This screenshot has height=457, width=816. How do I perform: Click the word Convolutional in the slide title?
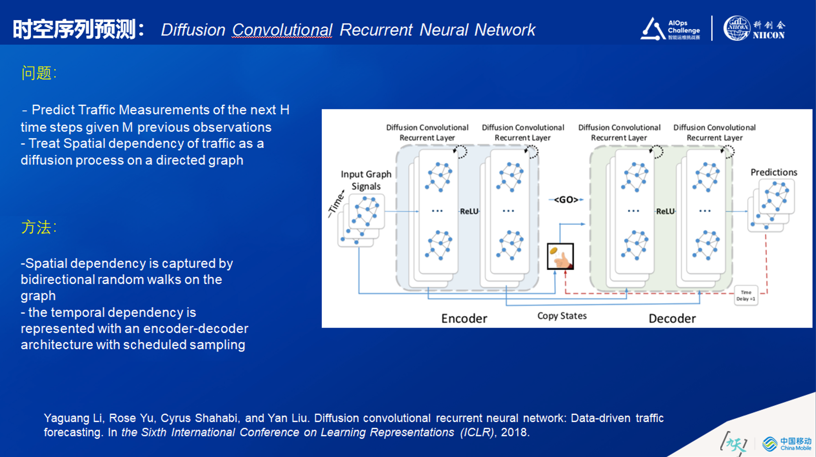(282, 30)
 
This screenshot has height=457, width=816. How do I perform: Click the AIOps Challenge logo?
(670, 29)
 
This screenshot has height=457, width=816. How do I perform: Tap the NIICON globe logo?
(736, 28)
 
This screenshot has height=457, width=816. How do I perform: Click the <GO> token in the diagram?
(566, 200)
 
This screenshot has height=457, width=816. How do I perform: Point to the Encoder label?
(464, 319)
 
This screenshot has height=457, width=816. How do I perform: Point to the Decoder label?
(672, 319)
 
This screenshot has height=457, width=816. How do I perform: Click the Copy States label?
(562, 316)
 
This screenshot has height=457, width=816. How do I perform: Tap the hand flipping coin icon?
(560, 256)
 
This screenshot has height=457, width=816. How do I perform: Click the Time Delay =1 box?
(746, 296)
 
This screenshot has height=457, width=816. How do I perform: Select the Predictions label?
(774, 172)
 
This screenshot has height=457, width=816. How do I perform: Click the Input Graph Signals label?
(366, 180)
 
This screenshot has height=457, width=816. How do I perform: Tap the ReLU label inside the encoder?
(469, 211)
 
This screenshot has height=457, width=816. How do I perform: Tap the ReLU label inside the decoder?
(665, 211)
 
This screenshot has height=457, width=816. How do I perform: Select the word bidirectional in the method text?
(57, 280)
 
